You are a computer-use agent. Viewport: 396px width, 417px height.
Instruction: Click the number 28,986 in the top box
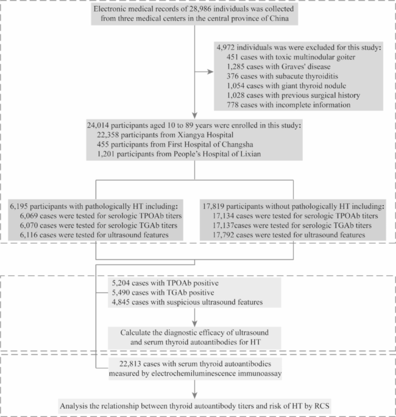click(200, 9)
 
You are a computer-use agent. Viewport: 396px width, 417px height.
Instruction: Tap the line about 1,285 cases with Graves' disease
click(278, 66)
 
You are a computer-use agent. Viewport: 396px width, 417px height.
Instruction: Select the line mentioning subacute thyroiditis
click(282, 76)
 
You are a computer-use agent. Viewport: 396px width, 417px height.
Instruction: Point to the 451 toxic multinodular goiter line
click(291, 57)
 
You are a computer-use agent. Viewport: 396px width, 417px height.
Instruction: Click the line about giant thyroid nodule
click(286, 86)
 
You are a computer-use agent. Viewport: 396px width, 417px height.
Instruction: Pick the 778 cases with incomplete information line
click(289, 105)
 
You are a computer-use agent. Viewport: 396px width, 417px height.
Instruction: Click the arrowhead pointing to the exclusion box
click(211, 72)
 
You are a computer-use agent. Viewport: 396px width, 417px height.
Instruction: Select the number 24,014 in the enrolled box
click(98, 125)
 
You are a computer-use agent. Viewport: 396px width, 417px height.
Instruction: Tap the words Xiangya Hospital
click(205, 135)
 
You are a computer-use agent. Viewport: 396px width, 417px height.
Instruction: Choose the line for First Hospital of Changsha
click(175, 144)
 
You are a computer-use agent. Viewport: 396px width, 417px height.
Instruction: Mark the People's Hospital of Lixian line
click(179, 154)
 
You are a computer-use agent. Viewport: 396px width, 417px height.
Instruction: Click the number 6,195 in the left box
click(19, 206)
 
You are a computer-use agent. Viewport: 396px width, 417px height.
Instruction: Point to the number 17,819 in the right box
click(213, 206)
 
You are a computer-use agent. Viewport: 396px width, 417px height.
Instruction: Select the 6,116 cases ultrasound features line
click(94, 235)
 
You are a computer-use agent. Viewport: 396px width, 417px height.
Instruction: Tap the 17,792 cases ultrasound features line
click(289, 235)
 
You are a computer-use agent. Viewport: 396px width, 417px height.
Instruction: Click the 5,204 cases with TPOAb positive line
click(165, 283)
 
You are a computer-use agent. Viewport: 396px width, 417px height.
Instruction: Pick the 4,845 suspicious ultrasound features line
click(187, 302)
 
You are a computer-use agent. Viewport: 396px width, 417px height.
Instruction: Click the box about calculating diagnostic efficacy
click(194, 338)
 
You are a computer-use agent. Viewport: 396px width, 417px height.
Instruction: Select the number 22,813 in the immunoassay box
click(130, 364)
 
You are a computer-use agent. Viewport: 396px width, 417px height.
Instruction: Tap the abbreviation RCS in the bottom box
click(322, 406)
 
